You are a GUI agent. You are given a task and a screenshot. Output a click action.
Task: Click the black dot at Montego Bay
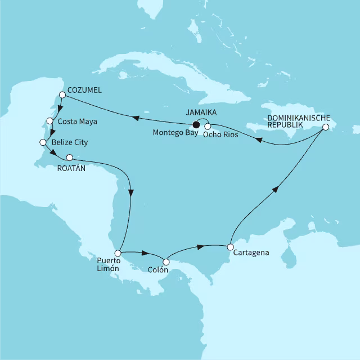pos(196,124)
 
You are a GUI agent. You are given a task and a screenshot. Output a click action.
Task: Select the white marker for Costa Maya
pos(49,120)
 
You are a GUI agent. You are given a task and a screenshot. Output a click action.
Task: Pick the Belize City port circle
pos(42,142)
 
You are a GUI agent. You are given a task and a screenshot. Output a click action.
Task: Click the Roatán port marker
pos(70,157)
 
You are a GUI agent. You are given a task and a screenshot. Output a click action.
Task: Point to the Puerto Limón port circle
pos(118,254)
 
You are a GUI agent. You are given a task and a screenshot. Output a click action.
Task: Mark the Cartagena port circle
pos(230,246)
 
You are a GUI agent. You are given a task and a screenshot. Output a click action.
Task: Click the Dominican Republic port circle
pos(325,128)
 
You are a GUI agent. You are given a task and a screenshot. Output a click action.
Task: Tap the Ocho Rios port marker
pos(207,126)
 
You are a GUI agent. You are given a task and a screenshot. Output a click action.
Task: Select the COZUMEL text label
pos(84,90)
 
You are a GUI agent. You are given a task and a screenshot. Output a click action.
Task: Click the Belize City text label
pos(69,143)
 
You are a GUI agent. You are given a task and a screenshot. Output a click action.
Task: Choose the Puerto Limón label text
pos(108,264)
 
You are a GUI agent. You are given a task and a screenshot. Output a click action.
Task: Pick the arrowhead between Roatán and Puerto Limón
pos(131,192)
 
